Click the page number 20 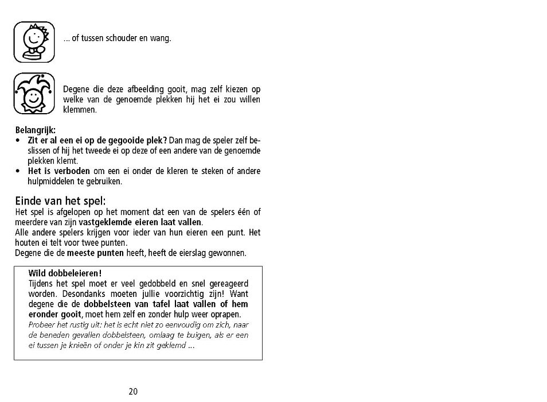133,392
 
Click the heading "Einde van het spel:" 53,201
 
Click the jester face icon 34,93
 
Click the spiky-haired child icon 34,42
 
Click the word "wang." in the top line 162,39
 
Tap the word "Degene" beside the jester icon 76,89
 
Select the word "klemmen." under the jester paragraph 80,110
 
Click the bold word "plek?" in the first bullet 155,140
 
